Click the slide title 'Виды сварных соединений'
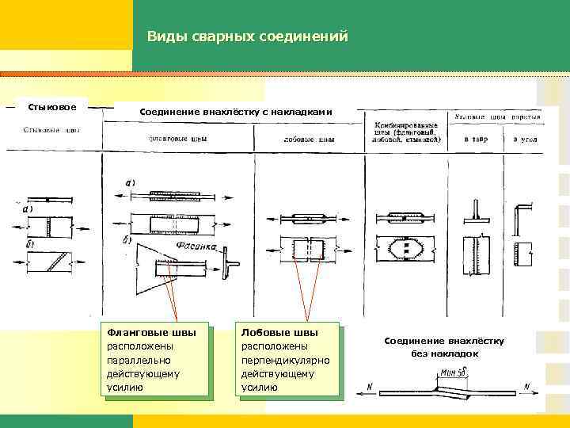pyautogui.click(x=247, y=36)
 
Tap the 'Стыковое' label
pyautogui.click(x=52, y=107)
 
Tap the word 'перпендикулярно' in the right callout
pyautogui.click(x=285, y=360)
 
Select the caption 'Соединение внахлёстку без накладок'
pyautogui.click(x=444, y=346)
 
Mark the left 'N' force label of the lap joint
pyautogui.click(x=370, y=386)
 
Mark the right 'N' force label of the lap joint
pyautogui.click(x=527, y=386)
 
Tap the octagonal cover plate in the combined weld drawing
pyautogui.click(x=406, y=249)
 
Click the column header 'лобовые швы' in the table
pyautogui.click(x=309, y=140)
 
